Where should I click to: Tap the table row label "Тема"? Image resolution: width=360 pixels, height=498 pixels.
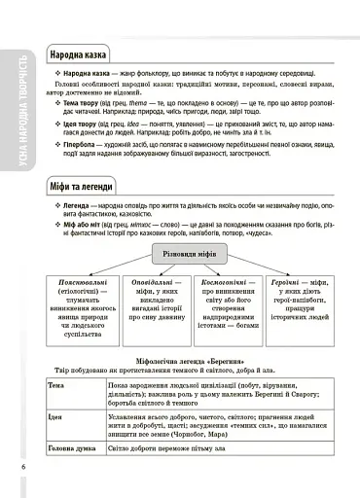click(x=56, y=386)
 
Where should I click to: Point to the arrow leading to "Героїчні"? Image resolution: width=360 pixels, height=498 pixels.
click(x=292, y=267)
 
